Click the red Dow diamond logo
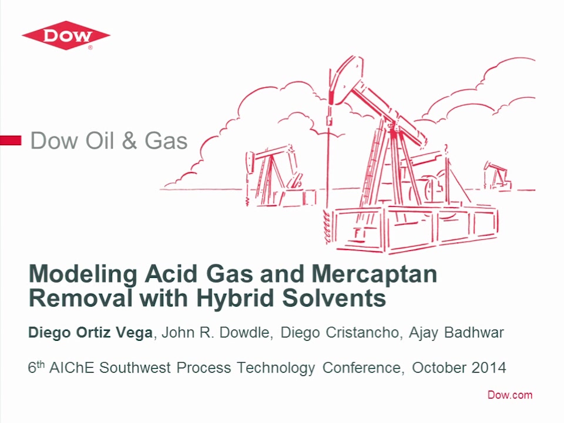(66, 36)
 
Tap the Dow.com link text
(510, 395)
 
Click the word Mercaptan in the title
(374, 274)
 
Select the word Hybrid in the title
(235, 298)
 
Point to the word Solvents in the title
(334, 298)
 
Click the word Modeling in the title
(83, 274)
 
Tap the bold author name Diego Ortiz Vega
(90, 333)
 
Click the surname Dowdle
(244, 333)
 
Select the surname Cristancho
(362, 333)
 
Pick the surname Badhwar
(474, 333)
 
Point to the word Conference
(361, 368)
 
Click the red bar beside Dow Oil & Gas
(11, 140)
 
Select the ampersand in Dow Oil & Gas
(129, 140)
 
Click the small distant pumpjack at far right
(498, 176)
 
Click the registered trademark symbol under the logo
(90, 47)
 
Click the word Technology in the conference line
(276, 368)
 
